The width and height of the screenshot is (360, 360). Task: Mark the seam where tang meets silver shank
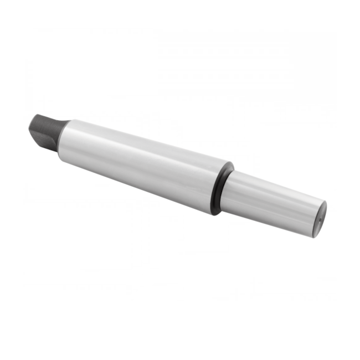[x=62, y=136]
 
